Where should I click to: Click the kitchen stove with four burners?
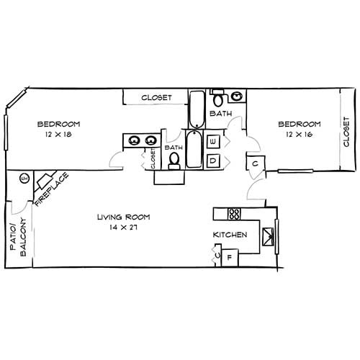233,213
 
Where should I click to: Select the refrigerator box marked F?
230,257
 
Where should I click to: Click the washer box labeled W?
213,142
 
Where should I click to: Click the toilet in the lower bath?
174,163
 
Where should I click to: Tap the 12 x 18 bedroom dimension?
58,135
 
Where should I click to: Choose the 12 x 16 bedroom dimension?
299,135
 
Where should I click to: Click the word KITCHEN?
230,235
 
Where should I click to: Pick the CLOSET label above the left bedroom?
156,97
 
